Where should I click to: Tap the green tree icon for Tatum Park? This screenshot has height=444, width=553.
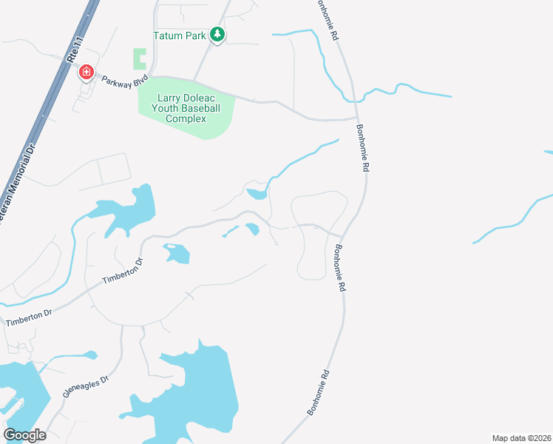(x=217, y=34)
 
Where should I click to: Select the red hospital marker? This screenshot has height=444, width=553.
(x=86, y=72)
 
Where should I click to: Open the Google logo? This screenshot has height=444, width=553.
(x=24, y=435)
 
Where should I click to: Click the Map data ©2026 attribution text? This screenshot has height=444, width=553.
(x=521, y=438)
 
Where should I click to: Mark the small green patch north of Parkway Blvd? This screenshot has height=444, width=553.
(x=140, y=58)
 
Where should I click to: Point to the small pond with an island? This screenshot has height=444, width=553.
(x=177, y=254)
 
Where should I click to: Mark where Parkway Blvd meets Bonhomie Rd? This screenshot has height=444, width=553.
(x=357, y=117)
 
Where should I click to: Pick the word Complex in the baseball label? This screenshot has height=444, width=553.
(x=186, y=118)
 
